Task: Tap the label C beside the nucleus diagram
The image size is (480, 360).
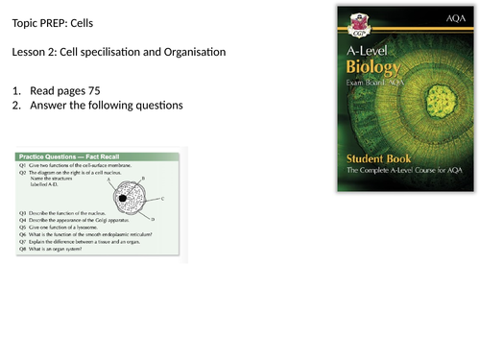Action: point(163,197)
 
